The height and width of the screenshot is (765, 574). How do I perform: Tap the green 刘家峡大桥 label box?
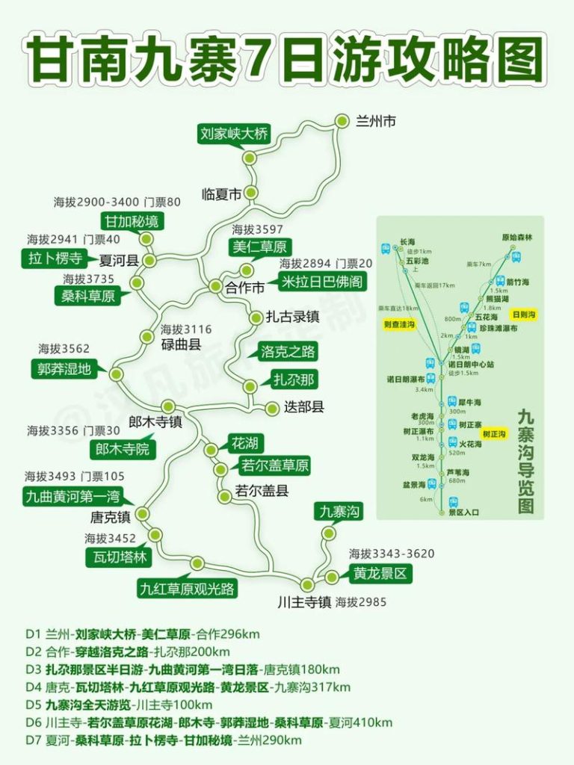point(233,134)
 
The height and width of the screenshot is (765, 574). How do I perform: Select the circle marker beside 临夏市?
point(251,193)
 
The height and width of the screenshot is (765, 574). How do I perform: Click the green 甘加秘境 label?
point(133,221)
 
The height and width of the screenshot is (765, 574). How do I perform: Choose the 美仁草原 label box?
point(259,247)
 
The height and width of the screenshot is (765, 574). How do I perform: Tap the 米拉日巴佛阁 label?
point(322,282)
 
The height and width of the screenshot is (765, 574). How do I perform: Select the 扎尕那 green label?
point(294,380)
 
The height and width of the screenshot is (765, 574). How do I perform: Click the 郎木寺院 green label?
point(123,449)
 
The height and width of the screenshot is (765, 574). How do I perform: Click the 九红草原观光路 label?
point(187,588)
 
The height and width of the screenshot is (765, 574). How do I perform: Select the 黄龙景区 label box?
point(380,574)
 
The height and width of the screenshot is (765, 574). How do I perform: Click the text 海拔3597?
point(257,229)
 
